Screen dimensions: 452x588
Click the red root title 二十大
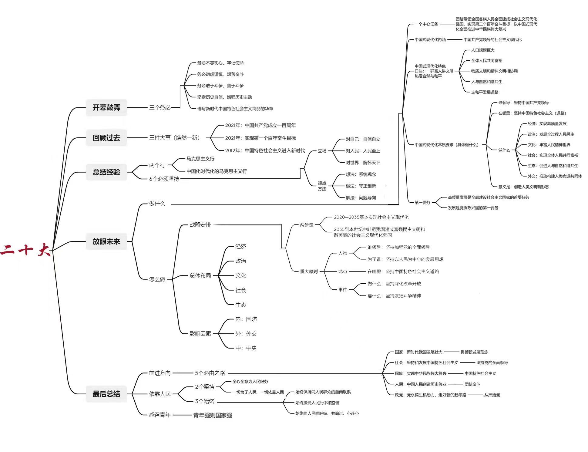[x=25, y=250]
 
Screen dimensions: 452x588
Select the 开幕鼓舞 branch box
[x=106, y=107]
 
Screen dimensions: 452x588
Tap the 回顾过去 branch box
[x=106, y=138]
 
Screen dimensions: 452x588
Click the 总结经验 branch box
[x=106, y=172]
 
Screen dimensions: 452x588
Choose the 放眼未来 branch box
[x=106, y=241]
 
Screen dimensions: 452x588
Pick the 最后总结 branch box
[x=106, y=394]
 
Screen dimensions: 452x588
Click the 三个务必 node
[x=160, y=107]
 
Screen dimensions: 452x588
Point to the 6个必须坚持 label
[x=164, y=179]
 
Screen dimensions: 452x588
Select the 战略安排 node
[x=200, y=224]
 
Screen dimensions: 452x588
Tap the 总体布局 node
[x=200, y=275]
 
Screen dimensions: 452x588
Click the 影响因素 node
[x=200, y=333]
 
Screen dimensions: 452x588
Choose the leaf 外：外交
[x=246, y=333]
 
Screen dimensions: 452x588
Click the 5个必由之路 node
[x=210, y=373]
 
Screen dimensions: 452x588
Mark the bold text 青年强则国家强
[x=213, y=415]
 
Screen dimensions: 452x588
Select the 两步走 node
[x=306, y=224]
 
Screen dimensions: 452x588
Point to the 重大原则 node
[x=309, y=271]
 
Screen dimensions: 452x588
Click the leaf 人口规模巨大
[x=482, y=50]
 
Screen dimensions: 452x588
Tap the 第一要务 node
[x=422, y=202]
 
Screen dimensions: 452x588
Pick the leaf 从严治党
[x=492, y=395]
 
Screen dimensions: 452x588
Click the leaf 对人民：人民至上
[x=363, y=151]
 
